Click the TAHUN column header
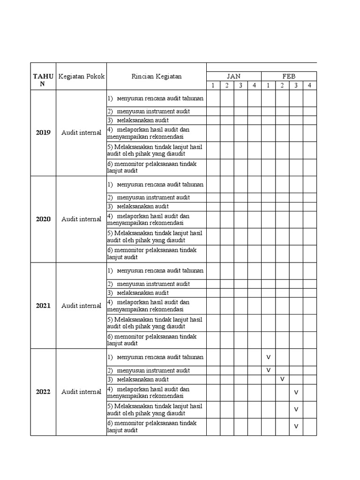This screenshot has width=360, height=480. coord(43,80)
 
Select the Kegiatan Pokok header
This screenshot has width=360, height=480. coord(81,76)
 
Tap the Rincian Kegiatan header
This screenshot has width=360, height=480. coord(157,76)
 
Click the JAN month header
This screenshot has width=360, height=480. coord(233,76)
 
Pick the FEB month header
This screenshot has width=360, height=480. coord(289,76)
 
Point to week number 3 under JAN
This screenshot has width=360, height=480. coord(240,85)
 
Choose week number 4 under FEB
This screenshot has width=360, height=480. coord(309,85)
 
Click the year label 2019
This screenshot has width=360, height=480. coord(43,133)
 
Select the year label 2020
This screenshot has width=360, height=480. coord(43,219)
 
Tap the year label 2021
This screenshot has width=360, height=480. coord(43,306)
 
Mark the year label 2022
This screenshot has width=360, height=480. coord(43,392)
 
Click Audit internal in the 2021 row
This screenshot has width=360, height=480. coord(81,306)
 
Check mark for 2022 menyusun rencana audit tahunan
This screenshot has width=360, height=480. coord(269,357)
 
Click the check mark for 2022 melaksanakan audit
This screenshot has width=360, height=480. coord(282,379)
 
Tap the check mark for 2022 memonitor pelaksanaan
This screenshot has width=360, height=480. coord(296,427)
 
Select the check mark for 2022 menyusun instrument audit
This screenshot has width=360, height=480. coord(269,370)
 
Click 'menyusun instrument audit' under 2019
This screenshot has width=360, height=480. coord(153,111)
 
